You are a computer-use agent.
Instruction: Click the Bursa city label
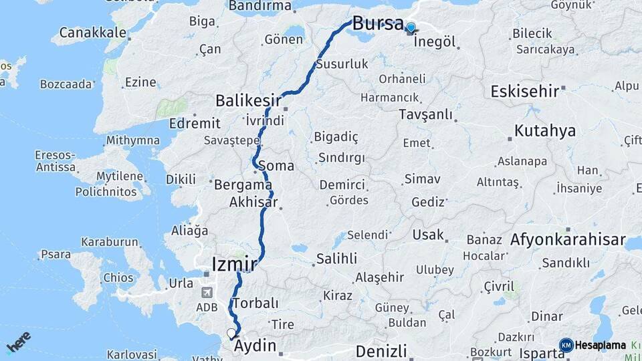point(378,23)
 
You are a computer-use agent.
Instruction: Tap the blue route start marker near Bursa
point(411,28)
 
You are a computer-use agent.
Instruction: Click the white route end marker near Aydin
point(231,333)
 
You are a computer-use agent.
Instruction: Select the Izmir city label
point(233,264)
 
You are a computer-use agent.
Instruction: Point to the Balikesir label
point(247,100)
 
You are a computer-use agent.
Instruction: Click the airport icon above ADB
point(207,292)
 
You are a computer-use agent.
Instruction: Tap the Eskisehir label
point(524,92)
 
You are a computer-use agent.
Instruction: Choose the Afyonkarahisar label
point(568,239)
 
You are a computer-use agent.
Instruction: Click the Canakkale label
point(92,32)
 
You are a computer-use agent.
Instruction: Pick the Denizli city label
point(381,351)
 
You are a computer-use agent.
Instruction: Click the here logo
point(18,342)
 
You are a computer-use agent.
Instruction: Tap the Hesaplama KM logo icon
point(566,345)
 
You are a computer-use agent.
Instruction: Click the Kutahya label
point(544,130)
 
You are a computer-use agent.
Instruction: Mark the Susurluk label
point(342,64)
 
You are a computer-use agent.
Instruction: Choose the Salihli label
point(336,259)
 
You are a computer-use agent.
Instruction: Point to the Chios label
point(118,277)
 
